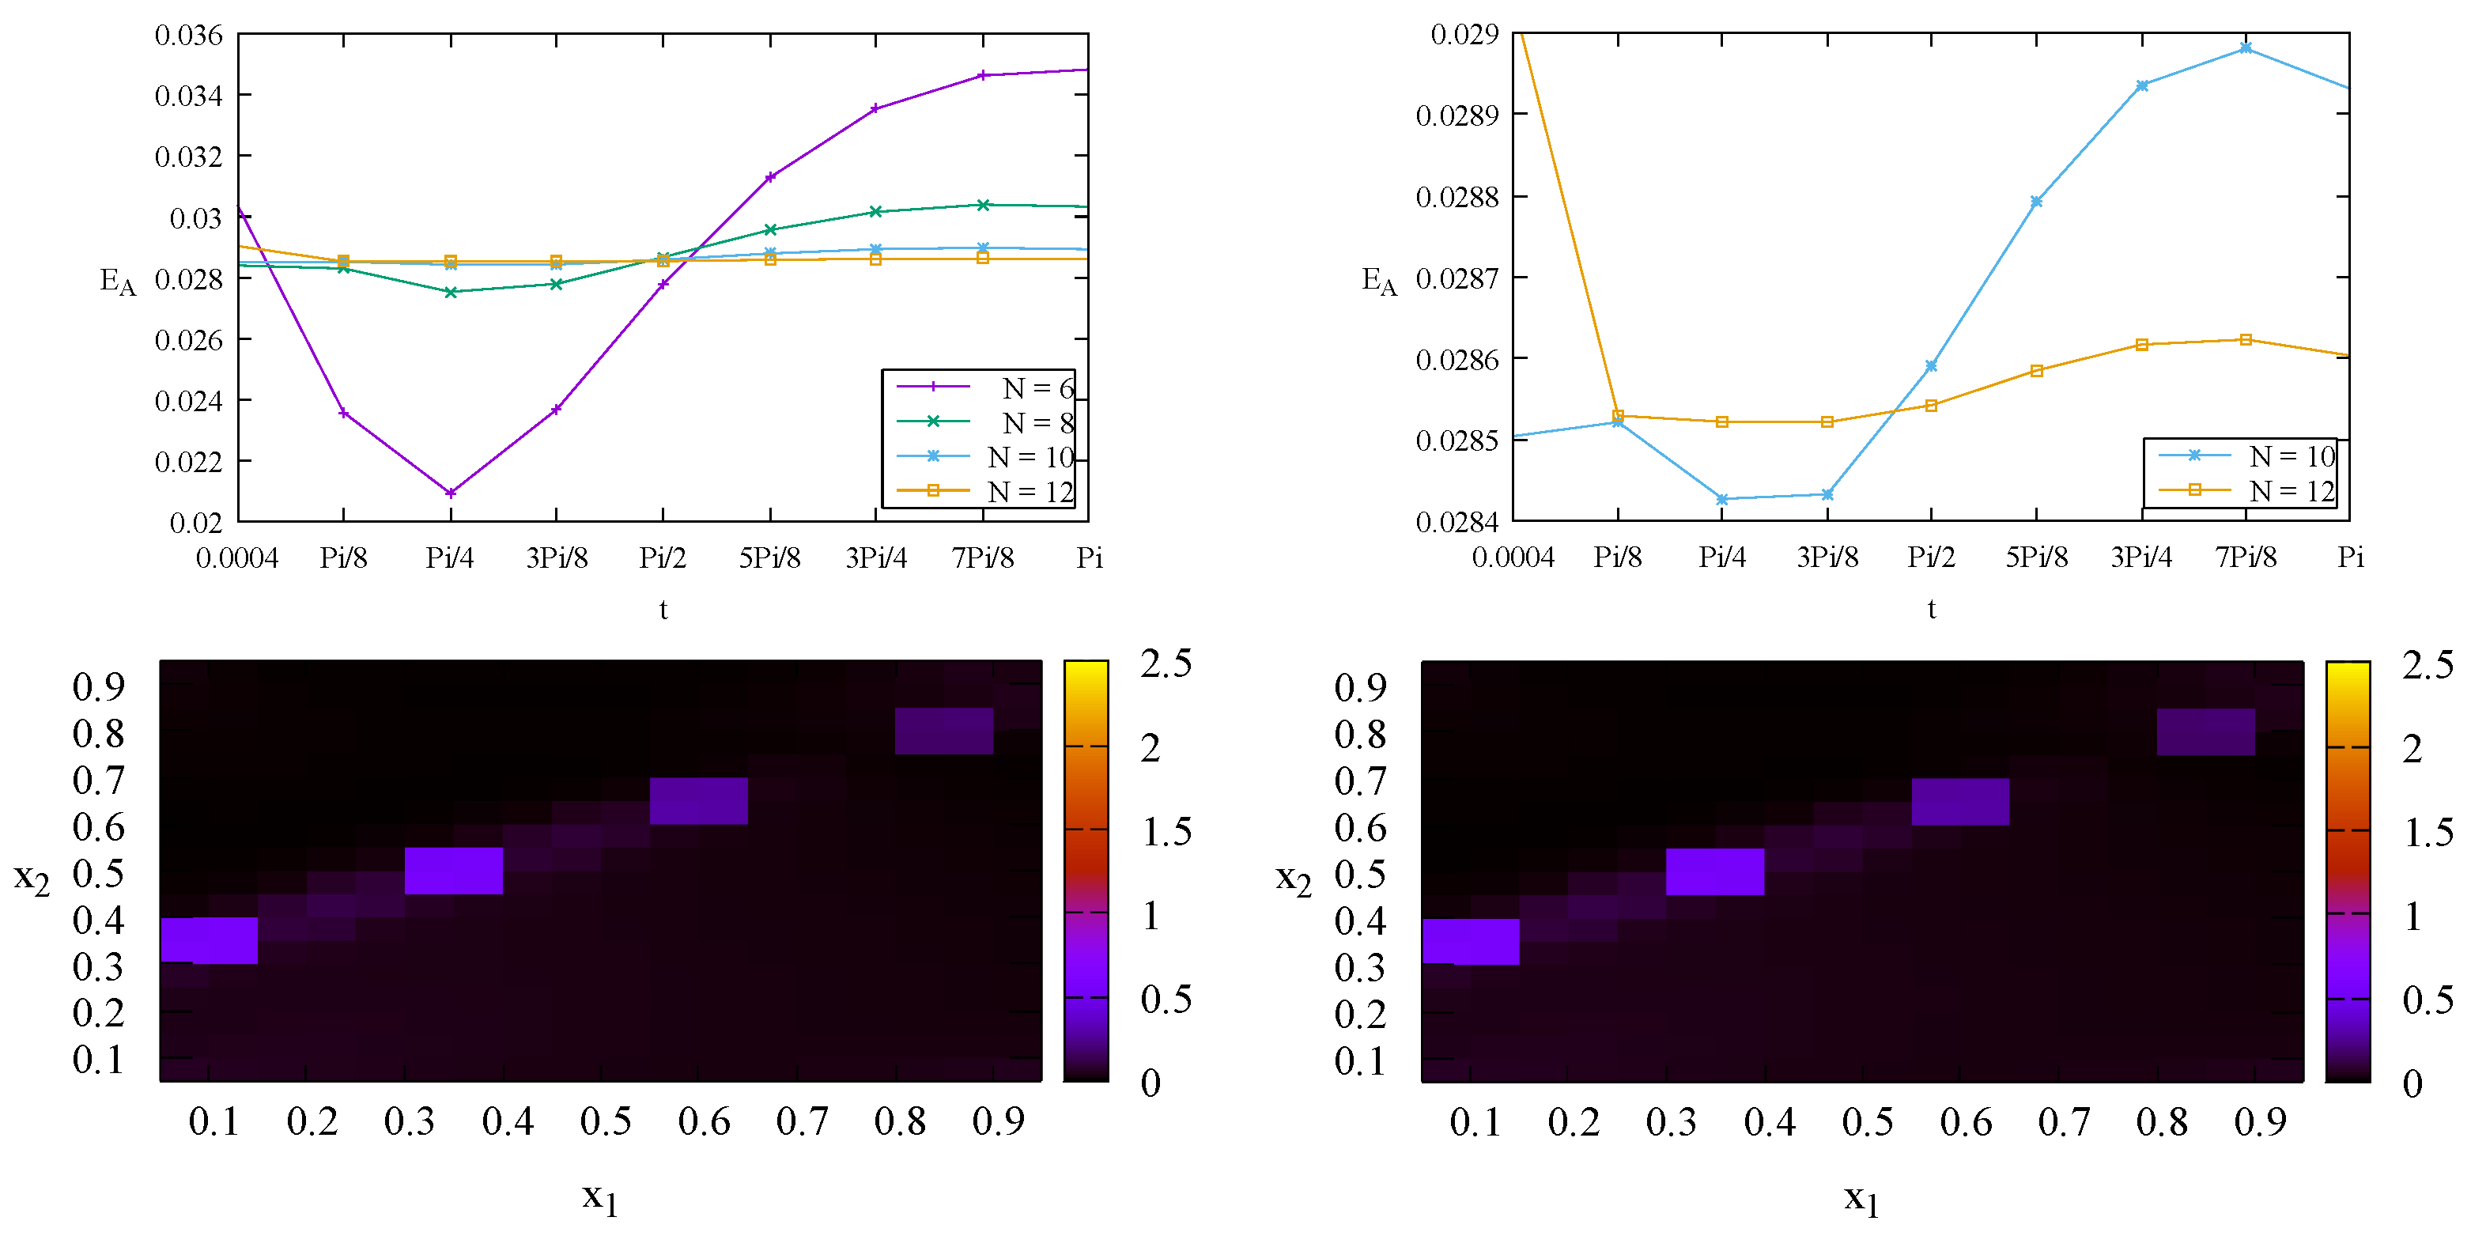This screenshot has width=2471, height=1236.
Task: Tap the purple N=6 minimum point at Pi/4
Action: pyautogui.click(x=450, y=493)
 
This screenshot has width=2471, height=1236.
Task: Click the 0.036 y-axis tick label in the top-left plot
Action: pyautogui.click(x=188, y=36)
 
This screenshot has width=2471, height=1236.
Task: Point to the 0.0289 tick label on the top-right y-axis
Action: pyautogui.click(x=1457, y=115)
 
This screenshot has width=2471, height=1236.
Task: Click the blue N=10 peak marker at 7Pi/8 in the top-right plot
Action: pyautogui.click(x=2246, y=48)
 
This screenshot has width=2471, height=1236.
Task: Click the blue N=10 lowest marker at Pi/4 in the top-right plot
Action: pyautogui.click(x=1722, y=499)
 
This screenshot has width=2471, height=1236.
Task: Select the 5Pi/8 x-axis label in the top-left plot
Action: pyautogui.click(x=769, y=558)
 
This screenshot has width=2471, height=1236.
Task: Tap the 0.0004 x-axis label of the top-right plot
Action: pyautogui.click(x=1513, y=558)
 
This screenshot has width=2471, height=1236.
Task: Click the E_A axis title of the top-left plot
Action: pyautogui.click(x=118, y=282)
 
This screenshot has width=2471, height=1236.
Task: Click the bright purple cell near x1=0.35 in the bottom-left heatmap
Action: pyautogui.click(x=454, y=871)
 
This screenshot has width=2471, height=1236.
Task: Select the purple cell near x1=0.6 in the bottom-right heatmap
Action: pyautogui.click(x=1959, y=801)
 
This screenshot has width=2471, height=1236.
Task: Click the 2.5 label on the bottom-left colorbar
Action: pyautogui.click(x=1166, y=663)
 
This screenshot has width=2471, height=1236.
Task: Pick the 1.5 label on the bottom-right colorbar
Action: pyautogui.click(x=2428, y=832)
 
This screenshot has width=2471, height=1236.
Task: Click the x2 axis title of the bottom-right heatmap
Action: pyautogui.click(x=1293, y=879)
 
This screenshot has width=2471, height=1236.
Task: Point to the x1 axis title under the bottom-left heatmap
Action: pyautogui.click(x=599, y=1197)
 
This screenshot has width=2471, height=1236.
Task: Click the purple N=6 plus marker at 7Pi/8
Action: pyautogui.click(x=982, y=75)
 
